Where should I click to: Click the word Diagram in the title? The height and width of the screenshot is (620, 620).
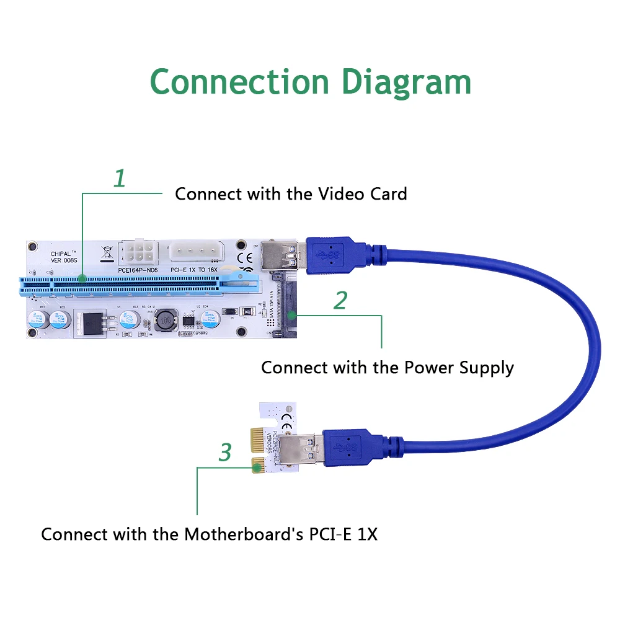[x=407, y=83]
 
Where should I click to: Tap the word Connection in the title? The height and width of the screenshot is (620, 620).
[x=239, y=82]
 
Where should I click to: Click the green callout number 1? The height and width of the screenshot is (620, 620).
[x=120, y=179]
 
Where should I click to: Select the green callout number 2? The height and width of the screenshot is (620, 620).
[x=340, y=300]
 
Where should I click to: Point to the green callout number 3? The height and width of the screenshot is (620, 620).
[x=224, y=453]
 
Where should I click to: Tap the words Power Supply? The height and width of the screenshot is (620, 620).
[x=459, y=368]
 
